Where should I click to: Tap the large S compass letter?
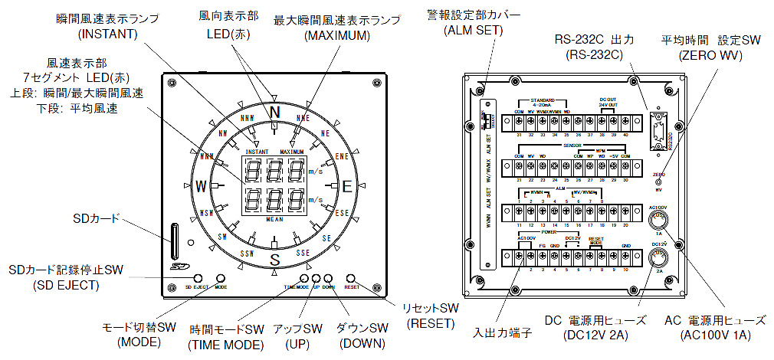(x=273, y=259)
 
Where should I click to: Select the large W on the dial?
(x=201, y=186)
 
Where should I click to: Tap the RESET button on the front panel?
(x=351, y=278)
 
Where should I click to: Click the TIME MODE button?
(x=304, y=278)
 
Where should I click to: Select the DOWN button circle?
(x=328, y=278)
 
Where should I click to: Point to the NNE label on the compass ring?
(x=303, y=119)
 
